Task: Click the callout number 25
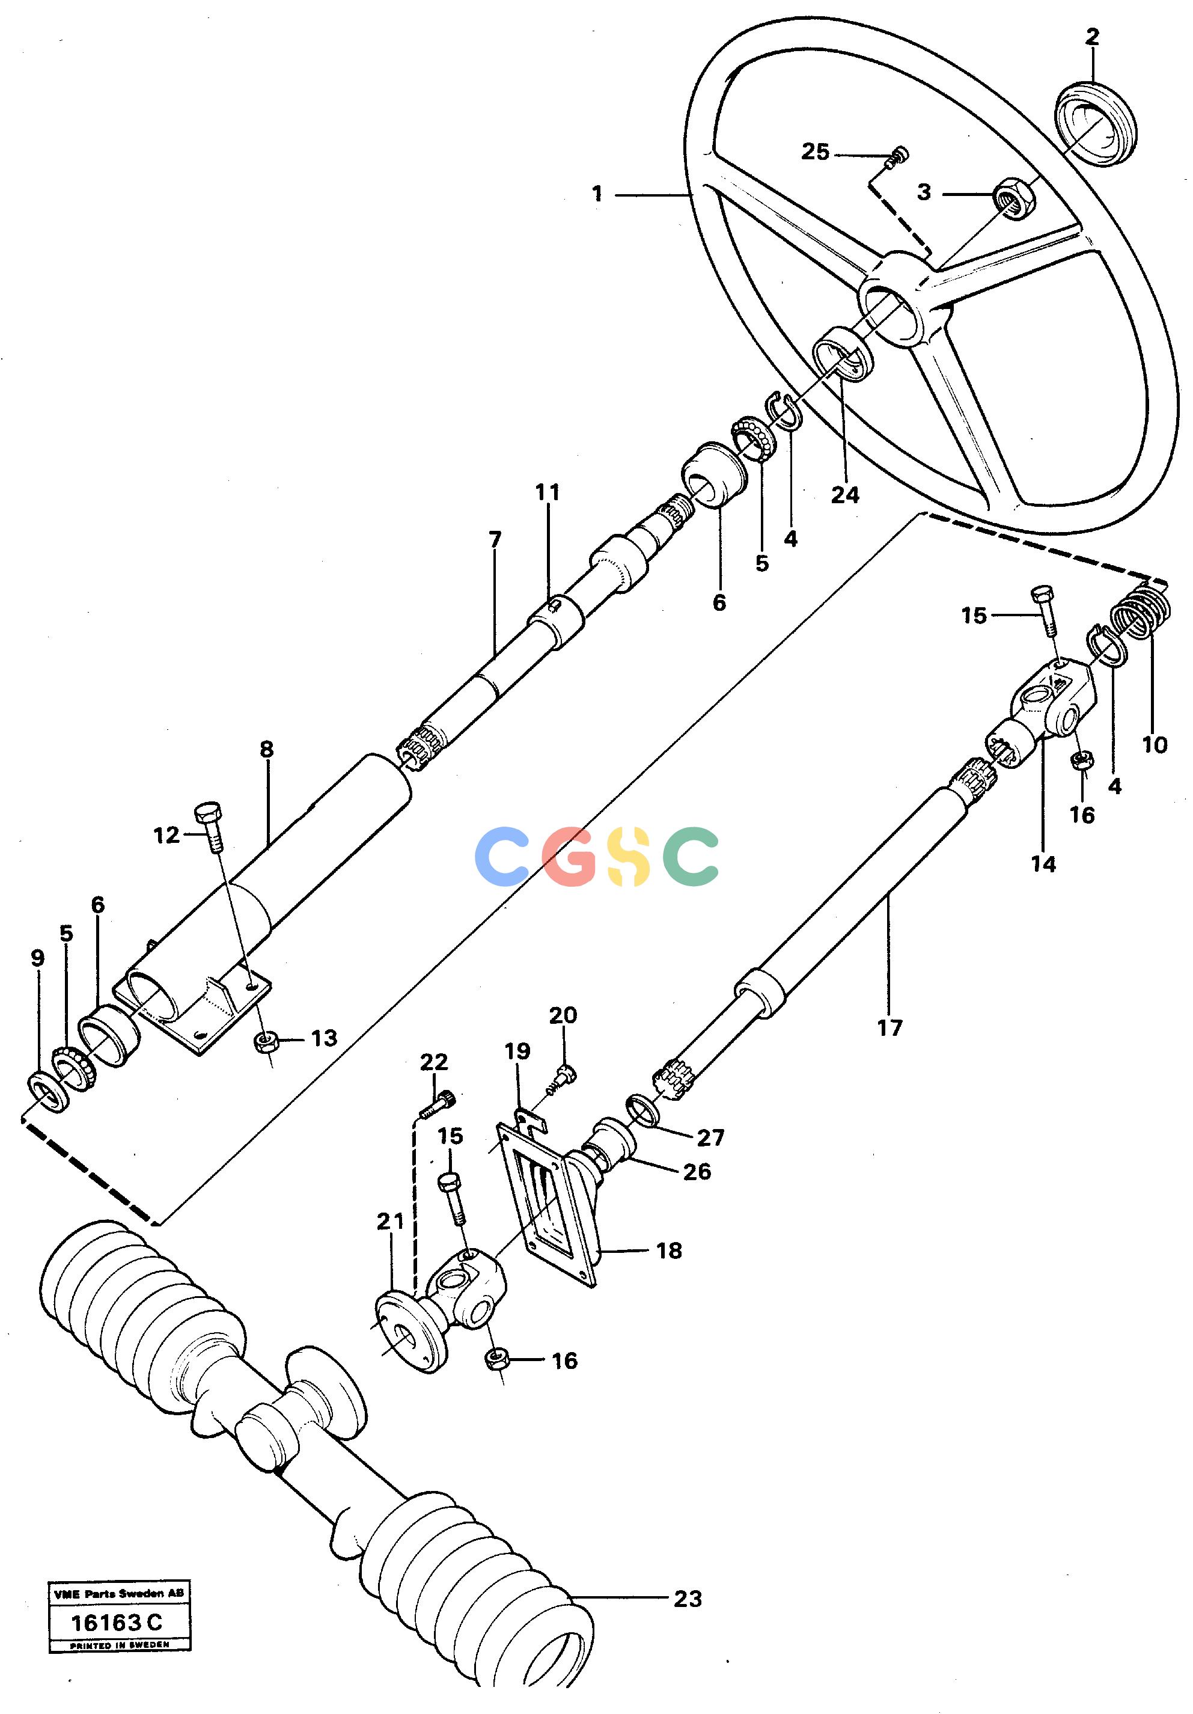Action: coord(816,152)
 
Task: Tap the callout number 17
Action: coord(889,1028)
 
